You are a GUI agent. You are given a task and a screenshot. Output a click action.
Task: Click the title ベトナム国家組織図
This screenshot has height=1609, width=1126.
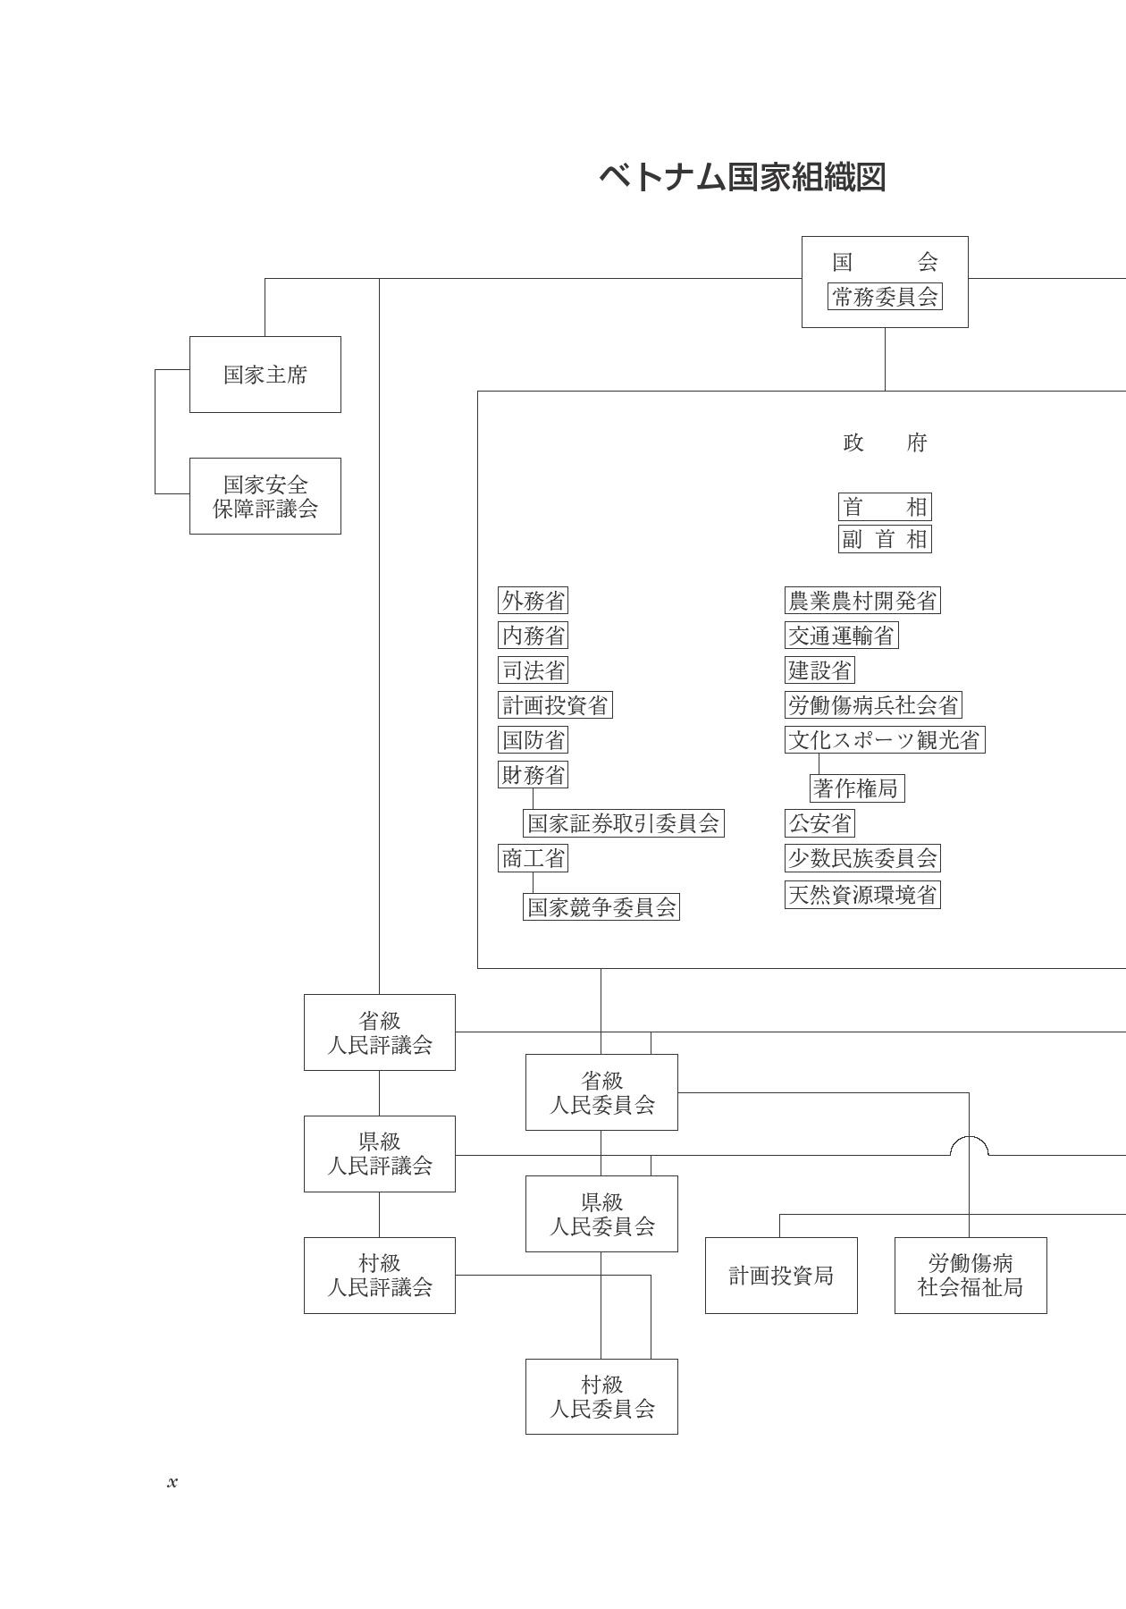pos(742,177)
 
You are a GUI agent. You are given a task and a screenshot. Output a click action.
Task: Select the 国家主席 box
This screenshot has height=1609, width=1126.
pos(265,375)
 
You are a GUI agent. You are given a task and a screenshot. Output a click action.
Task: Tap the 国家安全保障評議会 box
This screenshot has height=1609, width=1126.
pos(265,496)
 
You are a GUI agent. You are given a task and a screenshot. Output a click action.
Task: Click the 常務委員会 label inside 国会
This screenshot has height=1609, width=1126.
pos(885,297)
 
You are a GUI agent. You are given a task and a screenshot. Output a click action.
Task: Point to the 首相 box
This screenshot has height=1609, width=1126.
pos(885,507)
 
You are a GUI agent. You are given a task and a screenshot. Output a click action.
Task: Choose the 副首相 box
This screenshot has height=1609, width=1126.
pos(885,539)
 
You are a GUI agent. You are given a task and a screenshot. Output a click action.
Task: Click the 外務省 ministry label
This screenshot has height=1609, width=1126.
pos(534,601)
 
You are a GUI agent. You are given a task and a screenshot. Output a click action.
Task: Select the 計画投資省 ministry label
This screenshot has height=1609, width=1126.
pos(555,705)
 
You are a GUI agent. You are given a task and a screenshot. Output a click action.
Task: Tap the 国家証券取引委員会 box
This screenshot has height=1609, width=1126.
pos(623,823)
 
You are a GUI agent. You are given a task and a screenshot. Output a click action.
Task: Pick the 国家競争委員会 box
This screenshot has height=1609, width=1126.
pos(601,907)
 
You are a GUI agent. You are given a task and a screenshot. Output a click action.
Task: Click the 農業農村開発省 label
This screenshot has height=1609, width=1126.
pos(862,601)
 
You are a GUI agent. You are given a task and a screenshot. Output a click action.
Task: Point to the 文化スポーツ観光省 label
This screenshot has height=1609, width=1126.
pos(885,740)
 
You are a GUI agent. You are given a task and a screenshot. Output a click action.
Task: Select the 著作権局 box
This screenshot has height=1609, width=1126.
pos(857,788)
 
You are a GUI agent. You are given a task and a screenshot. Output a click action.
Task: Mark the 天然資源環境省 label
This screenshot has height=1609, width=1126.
pos(862,895)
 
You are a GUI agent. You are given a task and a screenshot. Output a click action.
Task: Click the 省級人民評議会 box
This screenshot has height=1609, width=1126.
pos(380,1032)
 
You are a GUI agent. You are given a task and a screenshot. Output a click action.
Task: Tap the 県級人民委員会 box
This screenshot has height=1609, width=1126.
pos(601,1214)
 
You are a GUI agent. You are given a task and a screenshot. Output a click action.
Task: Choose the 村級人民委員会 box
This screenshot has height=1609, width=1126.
pos(601,1396)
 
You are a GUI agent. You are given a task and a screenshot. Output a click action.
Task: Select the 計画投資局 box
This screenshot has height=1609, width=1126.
pos(781,1276)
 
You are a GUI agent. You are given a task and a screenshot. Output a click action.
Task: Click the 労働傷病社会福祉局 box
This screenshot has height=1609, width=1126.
pos(971,1276)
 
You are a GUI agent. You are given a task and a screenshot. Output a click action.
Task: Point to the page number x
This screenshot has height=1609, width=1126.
pos(172,1482)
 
